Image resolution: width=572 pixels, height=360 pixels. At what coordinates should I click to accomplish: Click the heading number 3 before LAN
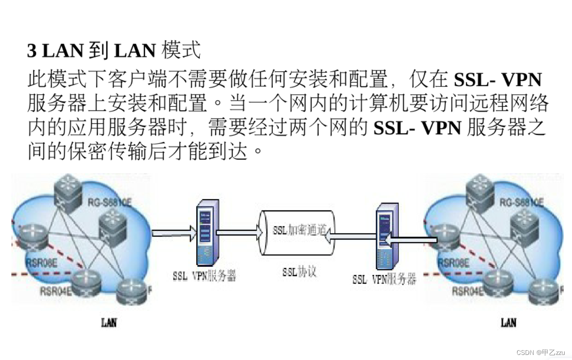pos(31,51)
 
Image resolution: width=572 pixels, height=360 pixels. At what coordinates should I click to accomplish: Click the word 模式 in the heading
pos(181,50)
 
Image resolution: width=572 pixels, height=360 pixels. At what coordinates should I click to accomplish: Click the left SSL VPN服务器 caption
pos(205,276)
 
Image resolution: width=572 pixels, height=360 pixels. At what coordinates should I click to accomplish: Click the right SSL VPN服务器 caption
pos(384,279)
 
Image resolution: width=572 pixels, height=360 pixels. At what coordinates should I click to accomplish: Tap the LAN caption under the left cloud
pos(109,322)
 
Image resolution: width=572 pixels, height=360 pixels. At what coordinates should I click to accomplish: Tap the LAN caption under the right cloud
pos(508,322)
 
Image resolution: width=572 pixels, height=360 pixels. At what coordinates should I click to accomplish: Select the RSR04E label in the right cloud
pos(467,291)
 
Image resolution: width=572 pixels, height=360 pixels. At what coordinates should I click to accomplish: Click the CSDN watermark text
pos(525,352)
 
